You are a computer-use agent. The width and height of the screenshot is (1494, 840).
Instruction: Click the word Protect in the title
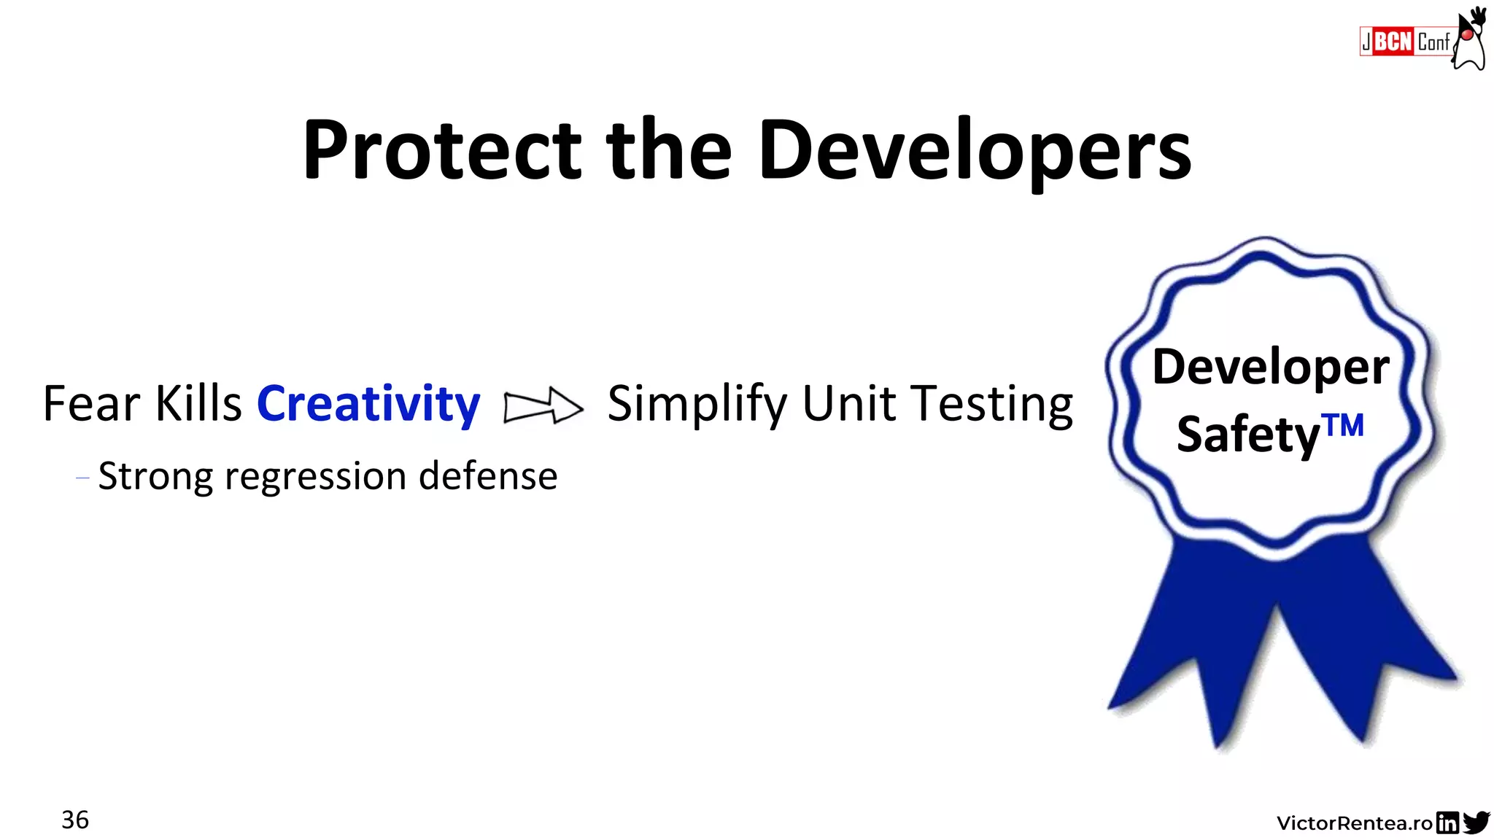point(441,151)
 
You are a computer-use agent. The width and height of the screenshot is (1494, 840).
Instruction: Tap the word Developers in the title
point(975,151)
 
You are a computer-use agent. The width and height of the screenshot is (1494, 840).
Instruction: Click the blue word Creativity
point(368,403)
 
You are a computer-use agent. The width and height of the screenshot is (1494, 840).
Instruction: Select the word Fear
point(91,403)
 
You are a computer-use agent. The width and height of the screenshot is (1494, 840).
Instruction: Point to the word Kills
point(198,403)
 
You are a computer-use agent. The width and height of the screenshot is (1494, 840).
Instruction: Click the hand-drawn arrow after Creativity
point(543,405)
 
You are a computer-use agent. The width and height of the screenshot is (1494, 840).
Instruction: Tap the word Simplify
point(697,403)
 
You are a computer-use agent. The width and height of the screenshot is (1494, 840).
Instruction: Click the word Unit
point(848,403)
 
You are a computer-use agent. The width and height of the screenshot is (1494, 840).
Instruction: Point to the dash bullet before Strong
point(82,478)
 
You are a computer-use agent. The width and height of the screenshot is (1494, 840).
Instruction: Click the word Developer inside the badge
point(1270,367)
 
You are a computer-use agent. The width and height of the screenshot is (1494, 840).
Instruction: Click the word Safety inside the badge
point(1248,435)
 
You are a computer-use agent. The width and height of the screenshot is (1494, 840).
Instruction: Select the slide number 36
point(75,820)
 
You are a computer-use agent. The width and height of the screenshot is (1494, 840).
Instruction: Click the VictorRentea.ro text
point(1354,823)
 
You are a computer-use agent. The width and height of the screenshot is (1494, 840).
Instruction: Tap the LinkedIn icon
point(1447,822)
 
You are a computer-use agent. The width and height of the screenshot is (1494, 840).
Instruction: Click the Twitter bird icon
point(1476,822)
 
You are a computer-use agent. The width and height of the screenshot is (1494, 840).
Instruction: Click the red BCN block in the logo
point(1393,42)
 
